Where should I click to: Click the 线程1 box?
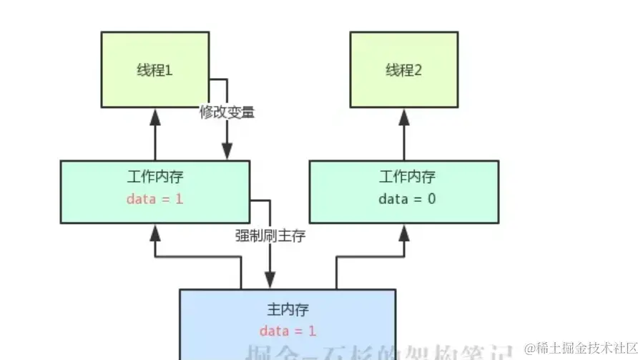tap(154, 69)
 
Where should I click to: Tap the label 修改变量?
tap(227, 112)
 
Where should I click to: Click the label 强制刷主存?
tap(270, 235)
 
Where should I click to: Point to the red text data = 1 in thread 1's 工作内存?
tap(154, 199)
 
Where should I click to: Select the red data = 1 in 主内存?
tap(288, 331)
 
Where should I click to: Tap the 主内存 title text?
tap(288, 310)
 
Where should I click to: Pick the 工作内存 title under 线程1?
tap(154, 176)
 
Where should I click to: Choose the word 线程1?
tap(154, 70)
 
